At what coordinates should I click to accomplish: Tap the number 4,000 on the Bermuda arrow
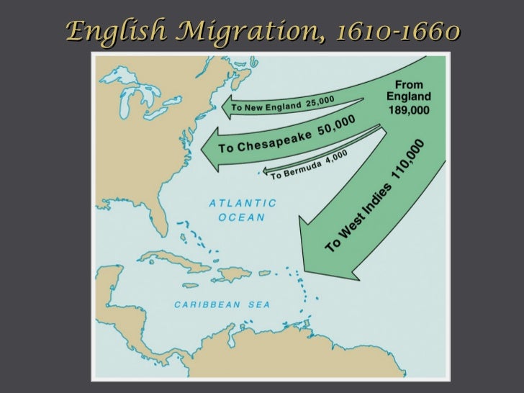click(336, 155)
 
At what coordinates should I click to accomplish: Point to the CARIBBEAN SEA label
click(222, 304)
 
